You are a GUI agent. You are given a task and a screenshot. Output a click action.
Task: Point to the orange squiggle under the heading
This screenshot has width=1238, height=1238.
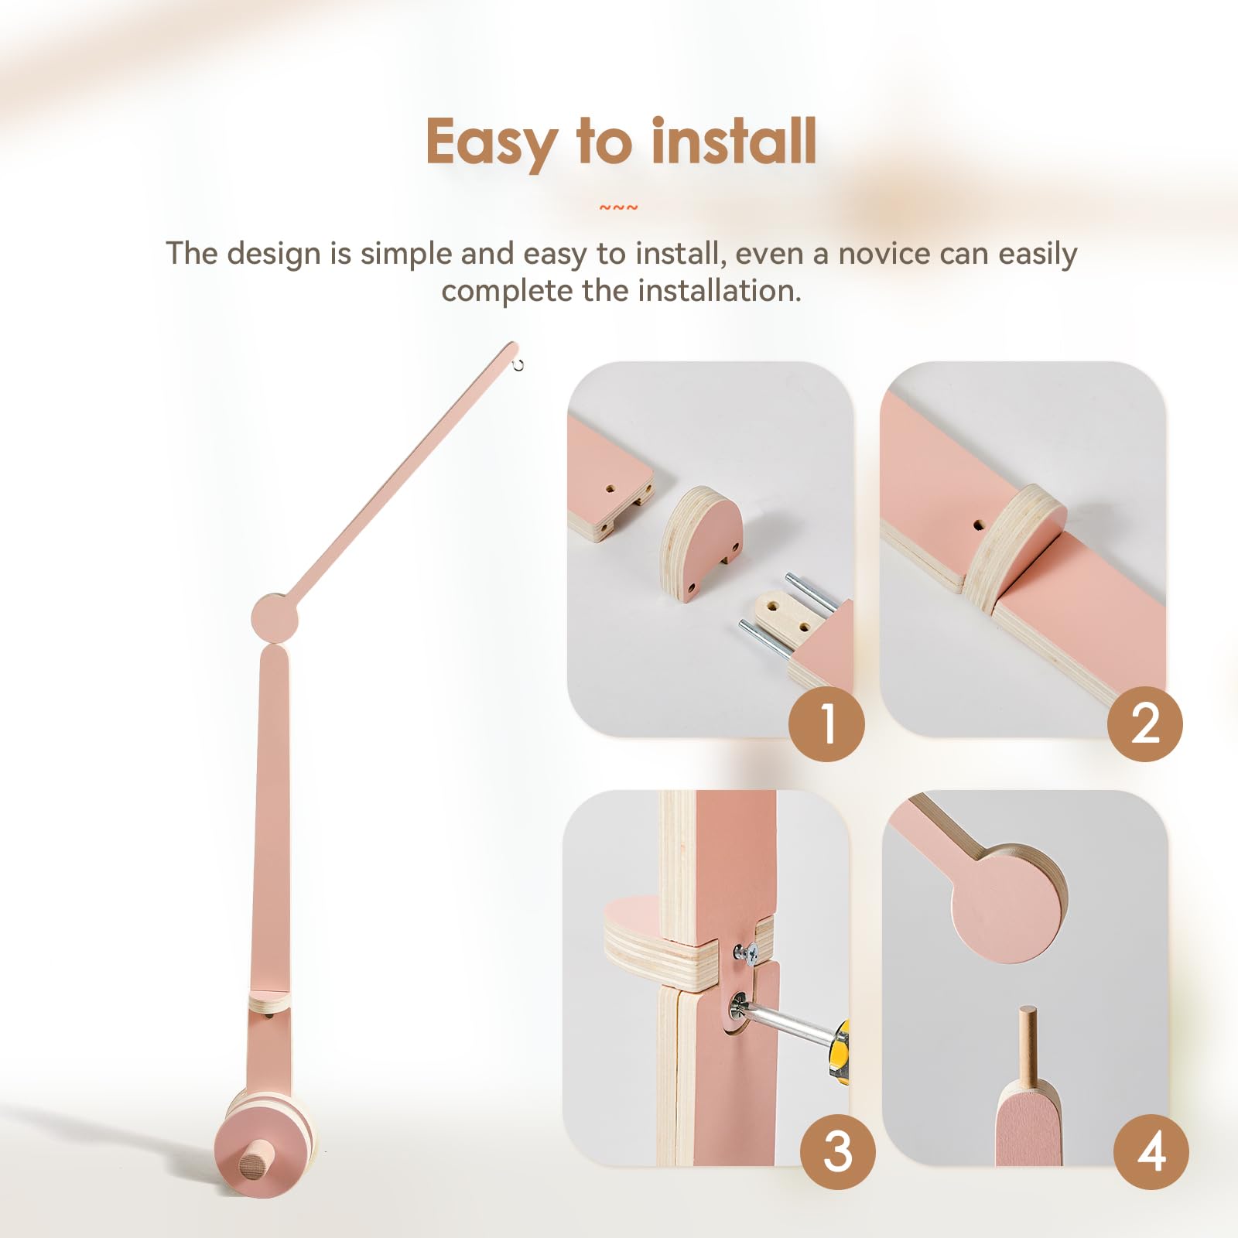tap(619, 207)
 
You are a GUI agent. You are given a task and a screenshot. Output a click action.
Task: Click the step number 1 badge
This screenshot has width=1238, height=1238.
tap(826, 723)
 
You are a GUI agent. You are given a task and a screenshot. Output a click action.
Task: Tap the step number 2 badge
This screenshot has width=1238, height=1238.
tap(1145, 723)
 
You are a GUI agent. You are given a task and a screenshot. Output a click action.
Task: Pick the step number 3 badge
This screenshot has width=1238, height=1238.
tap(838, 1152)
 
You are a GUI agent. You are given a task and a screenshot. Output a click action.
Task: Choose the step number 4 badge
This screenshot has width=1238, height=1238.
tap(1151, 1152)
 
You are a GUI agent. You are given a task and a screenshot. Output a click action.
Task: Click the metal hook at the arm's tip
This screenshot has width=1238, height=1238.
tap(518, 364)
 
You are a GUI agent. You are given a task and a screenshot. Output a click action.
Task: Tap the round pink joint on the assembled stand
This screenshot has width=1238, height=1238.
tap(275, 617)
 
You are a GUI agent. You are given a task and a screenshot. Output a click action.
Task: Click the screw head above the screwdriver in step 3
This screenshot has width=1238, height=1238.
tap(747, 953)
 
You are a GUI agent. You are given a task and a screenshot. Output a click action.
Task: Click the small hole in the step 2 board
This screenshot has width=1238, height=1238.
tap(979, 525)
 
